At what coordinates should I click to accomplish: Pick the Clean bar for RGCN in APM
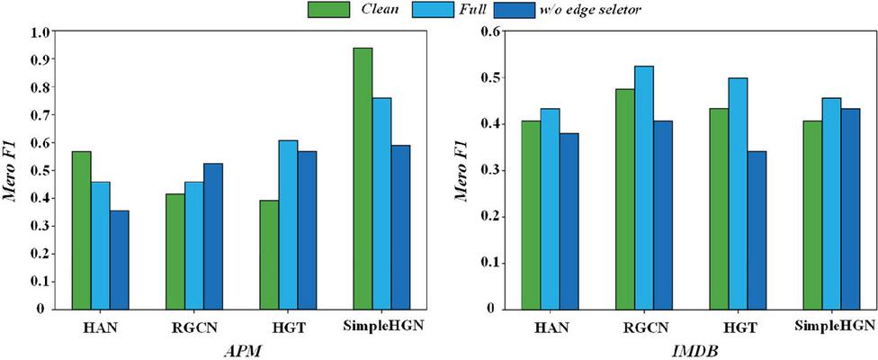(176, 251)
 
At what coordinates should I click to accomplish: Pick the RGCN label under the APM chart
(193, 326)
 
